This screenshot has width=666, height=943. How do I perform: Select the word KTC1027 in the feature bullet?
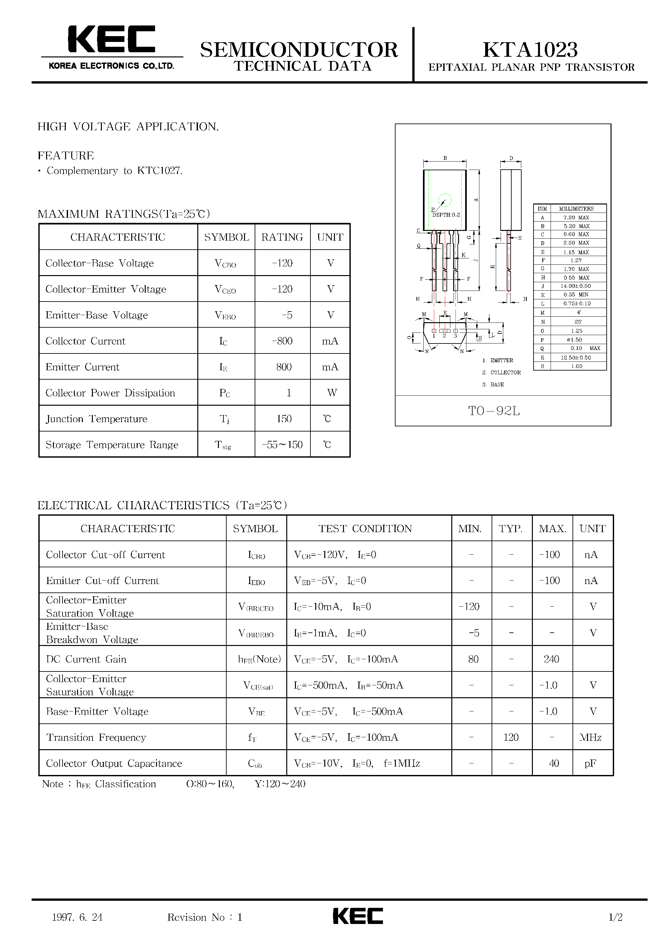[x=159, y=171]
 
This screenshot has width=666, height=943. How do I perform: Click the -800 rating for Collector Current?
[x=282, y=341]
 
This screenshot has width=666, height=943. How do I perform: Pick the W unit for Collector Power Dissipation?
[x=332, y=393]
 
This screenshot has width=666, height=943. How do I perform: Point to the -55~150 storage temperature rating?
[x=282, y=445]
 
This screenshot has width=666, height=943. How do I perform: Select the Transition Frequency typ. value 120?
[x=511, y=737]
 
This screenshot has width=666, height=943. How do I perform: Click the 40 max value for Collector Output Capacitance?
[x=553, y=763]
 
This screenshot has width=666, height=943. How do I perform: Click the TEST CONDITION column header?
[x=365, y=529]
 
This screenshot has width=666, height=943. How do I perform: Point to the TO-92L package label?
[x=494, y=411]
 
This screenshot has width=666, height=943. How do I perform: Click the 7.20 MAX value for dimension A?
[x=576, y=218]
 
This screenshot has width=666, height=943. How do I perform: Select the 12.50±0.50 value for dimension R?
[x=576, y=358]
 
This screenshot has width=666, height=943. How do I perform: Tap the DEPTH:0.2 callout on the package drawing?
[x=446, y=215]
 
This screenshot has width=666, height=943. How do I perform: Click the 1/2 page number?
[x=615, y=917]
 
